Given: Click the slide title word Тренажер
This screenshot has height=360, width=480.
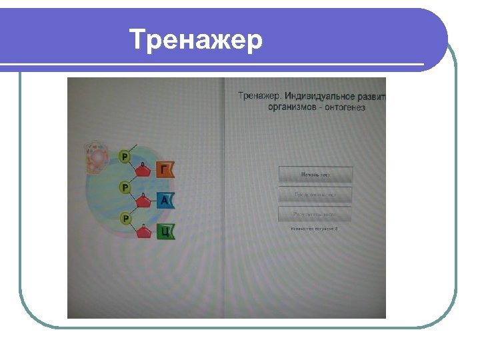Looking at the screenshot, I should [x=196, y=40].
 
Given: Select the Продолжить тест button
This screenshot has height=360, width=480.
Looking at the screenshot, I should [x=315, y=195].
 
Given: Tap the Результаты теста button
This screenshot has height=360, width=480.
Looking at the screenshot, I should [x=315, y=215].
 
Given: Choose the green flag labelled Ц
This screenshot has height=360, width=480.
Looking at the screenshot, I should [x=165, y=232].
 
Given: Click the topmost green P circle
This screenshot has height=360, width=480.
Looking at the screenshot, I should [x=125, y=156].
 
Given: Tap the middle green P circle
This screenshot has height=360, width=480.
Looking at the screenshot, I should [x=125, y=187].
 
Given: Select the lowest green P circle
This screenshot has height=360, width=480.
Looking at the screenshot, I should [x=125, y=218].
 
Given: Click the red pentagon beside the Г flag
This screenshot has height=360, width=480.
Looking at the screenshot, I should [x=143, y=171].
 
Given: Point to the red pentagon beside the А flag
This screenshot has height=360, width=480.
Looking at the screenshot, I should [x=143, y=201].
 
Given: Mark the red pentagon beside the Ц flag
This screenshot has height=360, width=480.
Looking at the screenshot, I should [x=143, y=233].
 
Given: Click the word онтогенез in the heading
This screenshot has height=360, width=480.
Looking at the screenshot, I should [x=345, y=107].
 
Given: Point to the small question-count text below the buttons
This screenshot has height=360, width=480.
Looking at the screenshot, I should [x=314, y=229].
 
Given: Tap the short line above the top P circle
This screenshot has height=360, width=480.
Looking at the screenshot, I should [x=133, y=146].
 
